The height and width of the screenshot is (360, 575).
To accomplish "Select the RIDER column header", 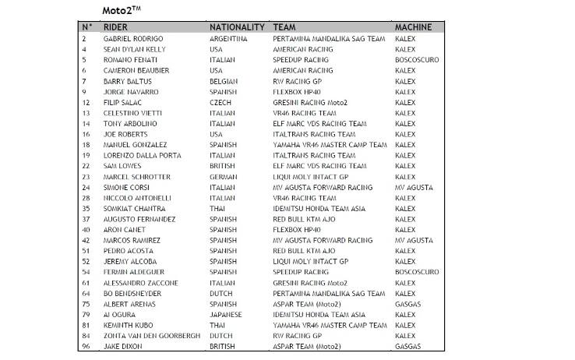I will click(115, 27).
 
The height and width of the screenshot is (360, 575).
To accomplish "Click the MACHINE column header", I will click(413, 27).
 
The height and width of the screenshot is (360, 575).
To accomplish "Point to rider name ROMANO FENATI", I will click(130, 59).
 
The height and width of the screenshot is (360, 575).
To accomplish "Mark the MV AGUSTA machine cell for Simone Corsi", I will click(414, 188).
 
